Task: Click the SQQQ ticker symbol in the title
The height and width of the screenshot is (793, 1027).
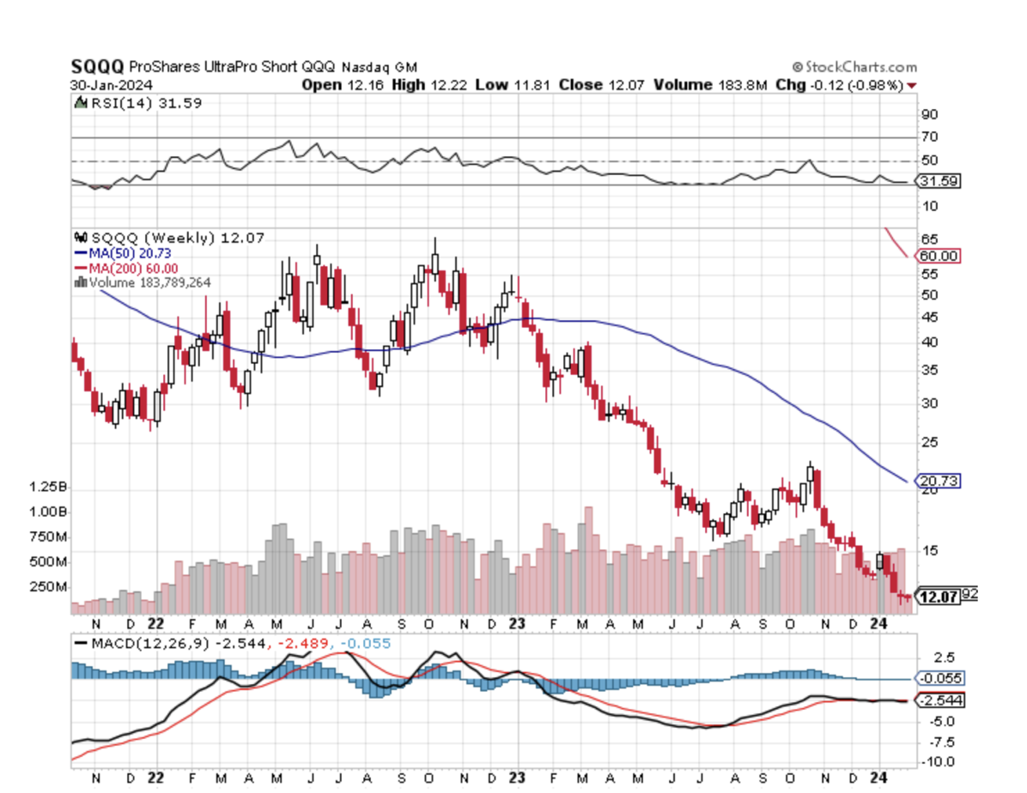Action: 97,67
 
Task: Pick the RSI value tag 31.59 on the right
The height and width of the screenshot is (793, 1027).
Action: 939,181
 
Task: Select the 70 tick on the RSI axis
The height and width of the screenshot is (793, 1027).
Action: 930,137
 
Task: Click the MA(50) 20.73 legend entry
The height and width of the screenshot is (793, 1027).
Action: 127,253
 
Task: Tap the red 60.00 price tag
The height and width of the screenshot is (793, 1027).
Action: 939,256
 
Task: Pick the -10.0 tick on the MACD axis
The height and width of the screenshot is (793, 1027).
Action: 934,761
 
